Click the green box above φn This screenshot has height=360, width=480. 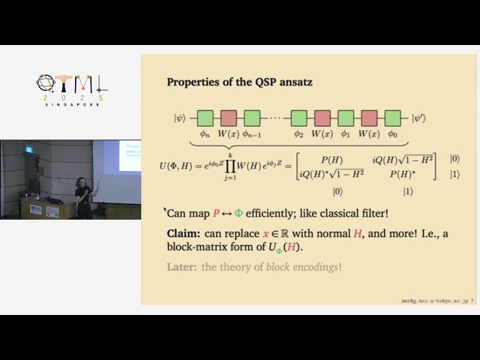click(205, 118)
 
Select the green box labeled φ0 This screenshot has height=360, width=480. click(392, 118)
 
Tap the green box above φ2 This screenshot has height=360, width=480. click(299, 118)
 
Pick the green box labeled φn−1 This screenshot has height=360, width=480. click(252, 118)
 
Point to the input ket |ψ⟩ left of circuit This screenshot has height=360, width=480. click(180, 118)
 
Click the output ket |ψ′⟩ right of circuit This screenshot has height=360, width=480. click(421, 118)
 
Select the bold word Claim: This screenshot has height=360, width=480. click(184, 234)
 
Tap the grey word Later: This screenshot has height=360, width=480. click(183, 266)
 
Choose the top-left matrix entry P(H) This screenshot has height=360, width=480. click(331, 160)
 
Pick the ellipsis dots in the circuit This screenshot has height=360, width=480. click(276, 118)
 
